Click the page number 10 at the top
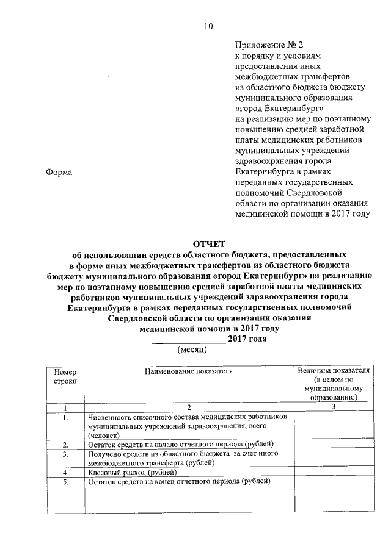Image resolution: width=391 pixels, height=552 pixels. (x=208, y=26)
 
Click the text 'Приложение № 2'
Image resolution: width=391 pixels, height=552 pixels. (x=269, y=45)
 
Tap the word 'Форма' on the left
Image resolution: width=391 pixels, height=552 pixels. (x=59, y=173)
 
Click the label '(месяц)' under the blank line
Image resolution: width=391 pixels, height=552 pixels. (x=192, y=349)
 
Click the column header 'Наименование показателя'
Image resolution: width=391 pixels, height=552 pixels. (x=189, y=370)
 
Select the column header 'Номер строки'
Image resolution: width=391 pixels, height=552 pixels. (x=65, y=375)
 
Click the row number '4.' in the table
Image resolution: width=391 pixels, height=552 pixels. (x=65, y=472)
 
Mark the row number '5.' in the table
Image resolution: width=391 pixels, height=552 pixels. (x=65, y=481)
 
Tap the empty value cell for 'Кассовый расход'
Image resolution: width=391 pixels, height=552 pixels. (x=332, y=472)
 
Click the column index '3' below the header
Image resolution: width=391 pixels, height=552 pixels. (x=334, y=407)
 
